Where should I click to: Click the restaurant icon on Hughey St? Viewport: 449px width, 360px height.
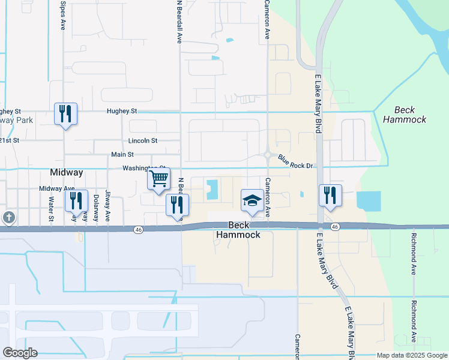click(x=65, y=113)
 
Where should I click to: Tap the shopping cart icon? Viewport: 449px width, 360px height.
click(x=158, y=179)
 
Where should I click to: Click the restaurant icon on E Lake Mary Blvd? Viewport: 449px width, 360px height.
click(x=330, y=196)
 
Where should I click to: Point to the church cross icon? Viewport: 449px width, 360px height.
click(x=8, y=217)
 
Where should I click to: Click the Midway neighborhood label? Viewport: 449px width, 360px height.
click(x=66, y=172)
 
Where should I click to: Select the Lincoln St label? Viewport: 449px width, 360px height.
click(x=143, y=141)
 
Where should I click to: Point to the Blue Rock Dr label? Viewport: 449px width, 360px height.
click(x=297, y=161)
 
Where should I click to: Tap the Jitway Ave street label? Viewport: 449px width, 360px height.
click(x=108, y=206)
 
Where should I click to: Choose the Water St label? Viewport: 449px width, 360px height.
click(x=52, y=208)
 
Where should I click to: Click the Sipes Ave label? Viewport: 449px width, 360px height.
click(x=63, y=15)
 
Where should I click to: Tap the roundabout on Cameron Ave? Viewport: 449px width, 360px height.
click(x=268, y=155)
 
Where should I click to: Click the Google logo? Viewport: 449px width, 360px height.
click(x=20, y=353)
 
